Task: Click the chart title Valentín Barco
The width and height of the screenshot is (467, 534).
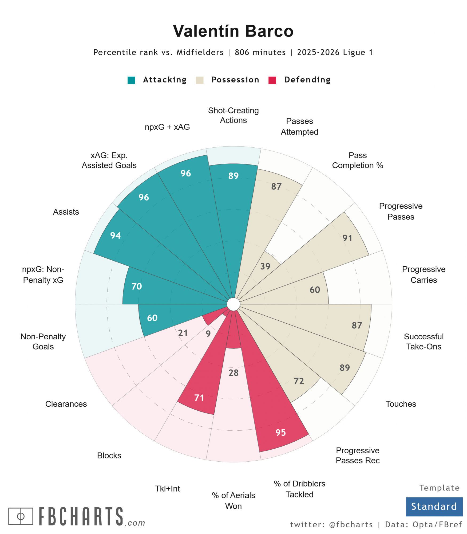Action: pyautogui.click(x=233, y=31)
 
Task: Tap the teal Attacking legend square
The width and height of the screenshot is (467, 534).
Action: pyautogui.click(x=131, y=80)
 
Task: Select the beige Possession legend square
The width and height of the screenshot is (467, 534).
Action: pyautogui.click(x=200, y=80)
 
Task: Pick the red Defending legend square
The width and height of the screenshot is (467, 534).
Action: pyautogui.click(x=272, y=80)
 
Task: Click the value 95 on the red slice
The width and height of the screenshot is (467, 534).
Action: pyautogui.click(x=281, y=432)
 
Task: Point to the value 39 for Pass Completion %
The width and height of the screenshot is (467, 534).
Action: pyautogui.click(x=265, y=266)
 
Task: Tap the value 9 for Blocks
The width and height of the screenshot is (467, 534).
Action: pyautogui.click(x=208, y=333)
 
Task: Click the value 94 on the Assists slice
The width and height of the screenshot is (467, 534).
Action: pyautogui.click(x=116, y=235)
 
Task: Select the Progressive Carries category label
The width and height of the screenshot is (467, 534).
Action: pyautogui.click(x=424, y=274)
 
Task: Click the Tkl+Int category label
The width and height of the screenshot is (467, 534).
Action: pyautogui.click(x=168, y=489)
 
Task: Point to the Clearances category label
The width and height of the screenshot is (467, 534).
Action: pyautogui.click(x=66, y=404)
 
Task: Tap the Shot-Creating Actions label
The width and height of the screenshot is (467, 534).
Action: pyautogui.click(x=233, y=115)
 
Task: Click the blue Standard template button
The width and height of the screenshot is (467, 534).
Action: pyautogui.click(x=434, y=506)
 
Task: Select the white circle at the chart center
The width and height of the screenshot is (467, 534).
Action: pyautogui.click(x=233, y=304)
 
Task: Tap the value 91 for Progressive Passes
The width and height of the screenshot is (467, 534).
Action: pyautogui.click(x=347, y=238)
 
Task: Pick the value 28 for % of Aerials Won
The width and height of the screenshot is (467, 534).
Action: pyautogui.click(x=233, y=373)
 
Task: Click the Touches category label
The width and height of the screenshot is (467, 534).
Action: pyautogui.click(x=401, y=404)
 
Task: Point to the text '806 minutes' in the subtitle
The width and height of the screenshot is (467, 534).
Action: pyautogui.click(x=260, y=52)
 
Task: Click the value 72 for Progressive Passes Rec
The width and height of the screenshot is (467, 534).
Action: pyautogui.click(x=299, y=381)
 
